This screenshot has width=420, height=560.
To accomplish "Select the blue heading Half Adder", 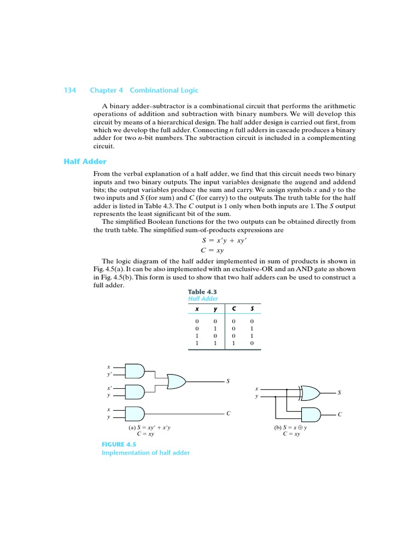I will pos(85,161).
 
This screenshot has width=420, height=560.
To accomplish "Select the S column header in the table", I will pos(252,310).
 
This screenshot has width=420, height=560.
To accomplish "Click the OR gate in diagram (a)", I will pos(176,381).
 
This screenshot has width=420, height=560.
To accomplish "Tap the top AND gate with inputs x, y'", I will pos(135,371).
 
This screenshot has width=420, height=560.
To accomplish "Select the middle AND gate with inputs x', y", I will pos(135,392).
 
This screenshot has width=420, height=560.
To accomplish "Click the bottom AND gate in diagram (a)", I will pos(135,413).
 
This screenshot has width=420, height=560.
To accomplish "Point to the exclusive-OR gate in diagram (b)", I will pos(310,393).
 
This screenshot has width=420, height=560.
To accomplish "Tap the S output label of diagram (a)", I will pos(228,381).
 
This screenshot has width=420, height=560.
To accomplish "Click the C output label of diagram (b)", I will pos(340,415).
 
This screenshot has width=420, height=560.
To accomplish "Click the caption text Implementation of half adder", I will pos(145,453).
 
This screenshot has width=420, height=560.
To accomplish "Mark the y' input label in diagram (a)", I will pos(109,375).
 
